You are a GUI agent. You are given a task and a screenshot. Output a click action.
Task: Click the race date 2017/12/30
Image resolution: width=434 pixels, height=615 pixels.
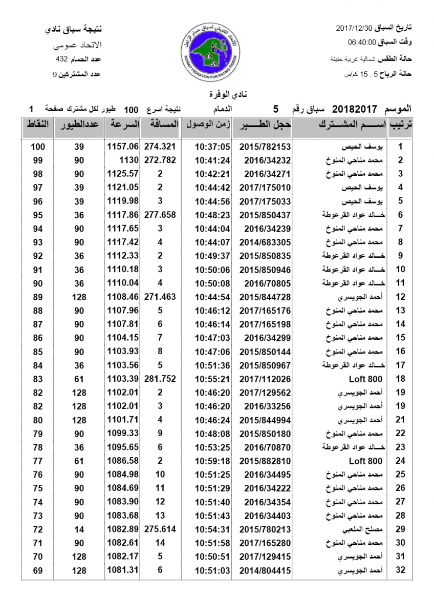(x=355, y=28)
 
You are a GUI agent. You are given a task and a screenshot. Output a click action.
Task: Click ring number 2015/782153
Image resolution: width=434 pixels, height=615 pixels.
(x=261, y=147)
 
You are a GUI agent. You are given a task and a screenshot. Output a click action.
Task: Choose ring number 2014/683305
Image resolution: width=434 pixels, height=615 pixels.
(x=261, y=242)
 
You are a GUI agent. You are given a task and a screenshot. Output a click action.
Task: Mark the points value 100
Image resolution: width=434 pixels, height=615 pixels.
(x=37, y=147)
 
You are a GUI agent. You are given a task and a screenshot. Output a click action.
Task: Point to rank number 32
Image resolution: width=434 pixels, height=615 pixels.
(x=401, y=570)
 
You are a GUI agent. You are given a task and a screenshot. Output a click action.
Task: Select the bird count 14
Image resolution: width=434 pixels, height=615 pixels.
(x=79, y=529)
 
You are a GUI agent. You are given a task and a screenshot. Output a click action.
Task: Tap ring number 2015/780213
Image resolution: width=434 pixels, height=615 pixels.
(x=261, y=529)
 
